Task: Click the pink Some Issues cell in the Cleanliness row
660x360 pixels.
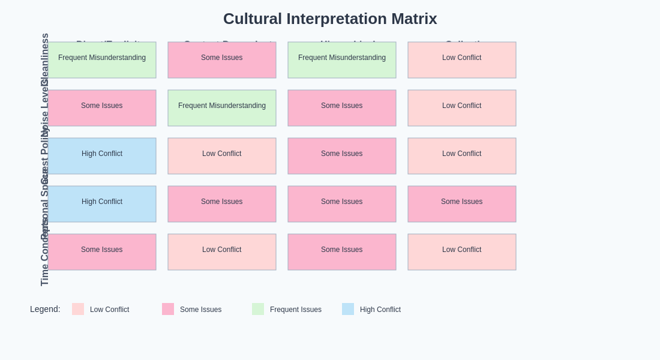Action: point(222,60)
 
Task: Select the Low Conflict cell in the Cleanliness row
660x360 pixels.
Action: point(462,60)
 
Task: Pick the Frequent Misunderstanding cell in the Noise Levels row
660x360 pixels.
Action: point(222,108)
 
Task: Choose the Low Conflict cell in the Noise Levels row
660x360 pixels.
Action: point(462,108)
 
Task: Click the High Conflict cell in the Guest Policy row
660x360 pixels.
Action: point(102,156)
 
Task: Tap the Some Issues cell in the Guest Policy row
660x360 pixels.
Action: point(342,156)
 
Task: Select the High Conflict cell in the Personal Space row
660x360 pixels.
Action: point(102,204)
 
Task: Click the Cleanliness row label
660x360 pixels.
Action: point(44,59)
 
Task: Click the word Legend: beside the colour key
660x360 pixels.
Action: point(45,309)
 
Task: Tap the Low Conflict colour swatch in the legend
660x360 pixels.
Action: point(78,309)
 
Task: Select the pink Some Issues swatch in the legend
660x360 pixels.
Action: point(168,309)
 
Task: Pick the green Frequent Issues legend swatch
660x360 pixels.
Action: point(258,309)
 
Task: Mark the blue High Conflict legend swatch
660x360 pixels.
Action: point(348,309)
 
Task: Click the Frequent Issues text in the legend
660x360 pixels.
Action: point(295,310)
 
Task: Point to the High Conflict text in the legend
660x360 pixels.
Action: point(380,310)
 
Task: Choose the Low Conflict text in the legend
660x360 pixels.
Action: point(109,310)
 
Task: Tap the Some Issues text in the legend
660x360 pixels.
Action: point(200,310)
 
